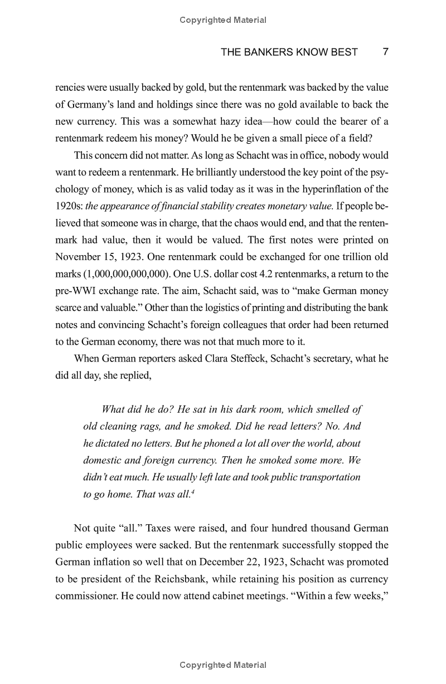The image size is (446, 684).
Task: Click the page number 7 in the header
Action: pos(385,52)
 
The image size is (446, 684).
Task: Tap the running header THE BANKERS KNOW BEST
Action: pos(289,52)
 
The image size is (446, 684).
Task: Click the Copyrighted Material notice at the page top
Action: pos(223,20)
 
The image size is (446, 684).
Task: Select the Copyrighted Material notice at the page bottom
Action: pos(223,665)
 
